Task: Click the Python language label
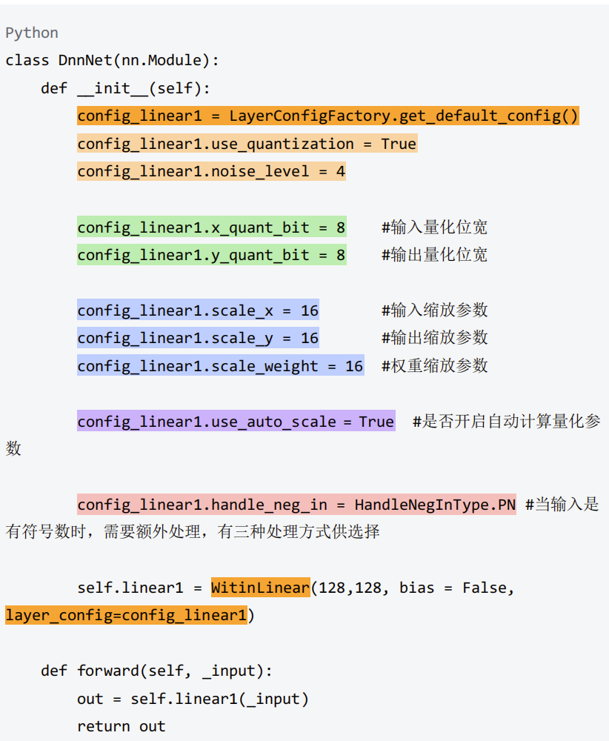coord(32,33)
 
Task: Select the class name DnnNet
coord(85,60)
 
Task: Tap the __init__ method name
coord(113,88)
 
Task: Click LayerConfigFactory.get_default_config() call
coord(404,116)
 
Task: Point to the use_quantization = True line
coord(247,144)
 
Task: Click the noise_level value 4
coord(340,172)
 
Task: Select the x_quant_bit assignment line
coord(211,227)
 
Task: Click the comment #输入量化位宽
coord(434,227)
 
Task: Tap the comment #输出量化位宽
coord(434,255)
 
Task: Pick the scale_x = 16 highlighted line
coord(198,310)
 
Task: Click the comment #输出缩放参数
coord(434,338)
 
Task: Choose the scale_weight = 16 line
coord(220,366)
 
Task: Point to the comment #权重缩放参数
coord(434,366)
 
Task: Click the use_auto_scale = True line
coord(236,422)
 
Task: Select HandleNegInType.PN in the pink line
coord(435,505)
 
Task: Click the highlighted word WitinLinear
coord(260,588)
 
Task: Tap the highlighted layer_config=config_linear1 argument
coord(126,616)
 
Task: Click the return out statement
coord(122,726)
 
